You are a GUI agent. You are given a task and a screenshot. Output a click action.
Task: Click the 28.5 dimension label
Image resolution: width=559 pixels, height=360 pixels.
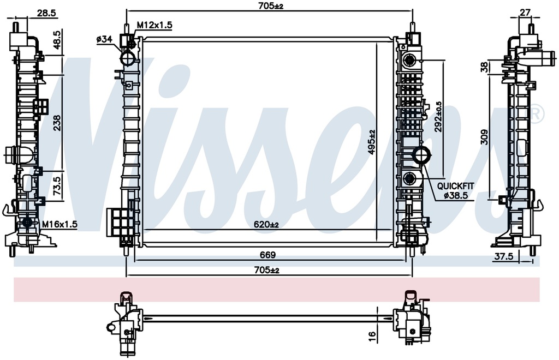point(46,13)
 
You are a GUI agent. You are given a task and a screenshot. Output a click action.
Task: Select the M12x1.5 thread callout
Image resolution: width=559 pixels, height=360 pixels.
point(154,25)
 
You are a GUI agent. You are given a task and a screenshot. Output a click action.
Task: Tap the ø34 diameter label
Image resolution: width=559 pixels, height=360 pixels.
point(104,39)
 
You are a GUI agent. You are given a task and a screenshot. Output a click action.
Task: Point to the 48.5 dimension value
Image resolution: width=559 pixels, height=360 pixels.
point(57,40)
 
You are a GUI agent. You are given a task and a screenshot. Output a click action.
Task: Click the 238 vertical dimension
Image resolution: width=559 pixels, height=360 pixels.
point(57,123)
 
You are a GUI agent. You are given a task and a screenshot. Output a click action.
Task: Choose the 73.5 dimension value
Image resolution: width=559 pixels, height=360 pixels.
point(57,183)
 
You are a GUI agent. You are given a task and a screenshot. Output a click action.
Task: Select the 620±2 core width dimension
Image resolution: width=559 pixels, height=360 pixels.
point(266,224)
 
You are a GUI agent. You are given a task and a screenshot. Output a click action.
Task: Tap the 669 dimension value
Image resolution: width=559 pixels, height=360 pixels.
point(267,255)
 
